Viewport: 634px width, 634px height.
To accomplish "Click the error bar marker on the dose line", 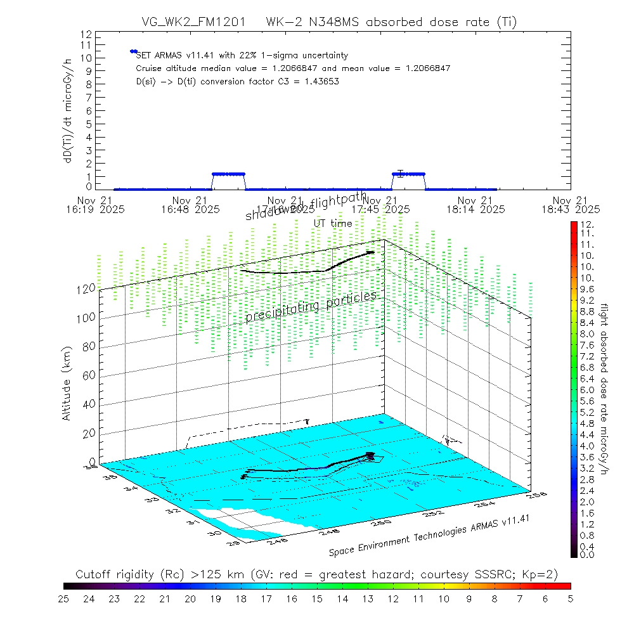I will coord(400,173).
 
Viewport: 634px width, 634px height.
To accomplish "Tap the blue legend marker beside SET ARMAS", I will coord(133,51).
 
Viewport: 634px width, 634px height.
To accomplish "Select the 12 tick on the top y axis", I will coord(87,34).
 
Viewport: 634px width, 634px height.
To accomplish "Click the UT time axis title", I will coord(333,223).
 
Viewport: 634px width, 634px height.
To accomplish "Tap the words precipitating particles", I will coord(311,306).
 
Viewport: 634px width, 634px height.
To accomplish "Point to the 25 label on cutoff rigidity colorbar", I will coord(64,598).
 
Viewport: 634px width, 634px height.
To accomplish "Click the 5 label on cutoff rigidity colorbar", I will coord(570,598).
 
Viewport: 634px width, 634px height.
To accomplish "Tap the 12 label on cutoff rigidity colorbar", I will coord(393,598).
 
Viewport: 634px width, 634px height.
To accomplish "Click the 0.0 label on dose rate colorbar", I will coord(586,554).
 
